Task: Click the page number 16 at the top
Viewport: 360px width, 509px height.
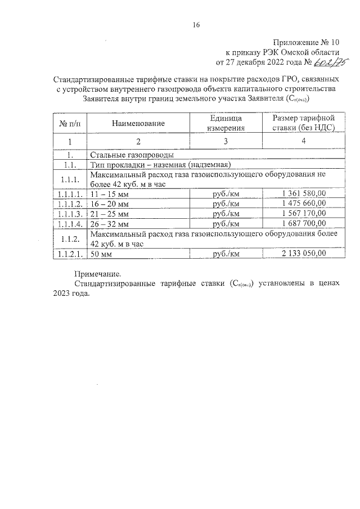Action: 196,24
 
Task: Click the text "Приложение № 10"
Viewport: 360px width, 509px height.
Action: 307,42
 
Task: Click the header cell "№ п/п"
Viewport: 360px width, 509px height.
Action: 70,123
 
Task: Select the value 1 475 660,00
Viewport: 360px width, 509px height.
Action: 303,204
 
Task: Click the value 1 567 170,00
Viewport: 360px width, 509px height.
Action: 303,214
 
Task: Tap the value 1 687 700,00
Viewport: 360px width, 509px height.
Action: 303,224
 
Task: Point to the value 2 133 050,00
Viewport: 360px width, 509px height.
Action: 303,254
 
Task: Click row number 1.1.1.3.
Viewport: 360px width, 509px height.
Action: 70,214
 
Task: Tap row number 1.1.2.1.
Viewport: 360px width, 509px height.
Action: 70,254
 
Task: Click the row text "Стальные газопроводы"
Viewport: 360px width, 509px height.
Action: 131,155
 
